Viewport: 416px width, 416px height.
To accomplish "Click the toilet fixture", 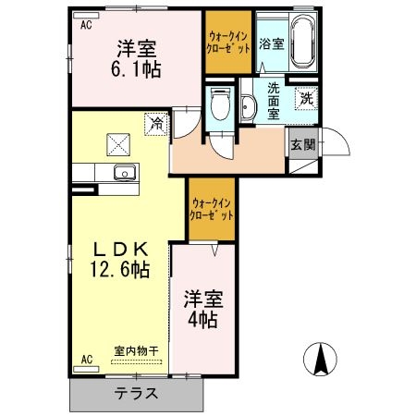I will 219,105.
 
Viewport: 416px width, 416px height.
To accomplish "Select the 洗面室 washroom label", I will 274,100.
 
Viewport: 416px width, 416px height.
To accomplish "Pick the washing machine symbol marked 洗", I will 304,98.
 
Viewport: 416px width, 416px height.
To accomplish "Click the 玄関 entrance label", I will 302,145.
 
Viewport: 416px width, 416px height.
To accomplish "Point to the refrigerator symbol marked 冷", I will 156,121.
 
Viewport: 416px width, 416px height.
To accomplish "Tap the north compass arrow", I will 321,359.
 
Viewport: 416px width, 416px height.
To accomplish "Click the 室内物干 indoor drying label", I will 137,350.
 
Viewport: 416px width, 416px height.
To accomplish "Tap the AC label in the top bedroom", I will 85,25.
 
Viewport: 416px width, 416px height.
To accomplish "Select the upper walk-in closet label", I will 227,43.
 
